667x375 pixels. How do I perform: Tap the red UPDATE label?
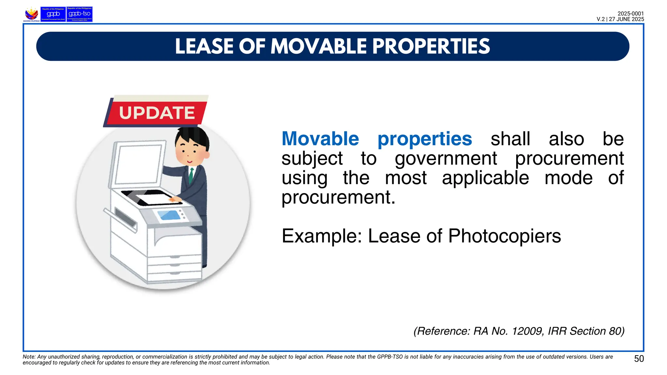point(157,113)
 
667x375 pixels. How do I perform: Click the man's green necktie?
point(191,175)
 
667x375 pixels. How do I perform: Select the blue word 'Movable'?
point(320,139)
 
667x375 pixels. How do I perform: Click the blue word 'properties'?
point(424,139)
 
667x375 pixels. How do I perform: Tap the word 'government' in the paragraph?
point(446,159)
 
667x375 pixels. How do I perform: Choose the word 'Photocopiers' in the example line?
point(504,236)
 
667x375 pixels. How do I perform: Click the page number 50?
point(639,359)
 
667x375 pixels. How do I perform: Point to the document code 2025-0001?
point(631,14)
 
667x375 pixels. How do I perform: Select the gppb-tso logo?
point(79,14)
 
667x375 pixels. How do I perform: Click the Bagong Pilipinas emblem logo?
point(32,14)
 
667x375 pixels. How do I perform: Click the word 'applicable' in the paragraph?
point(485,178)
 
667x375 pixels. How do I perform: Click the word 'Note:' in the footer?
point(29,357)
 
